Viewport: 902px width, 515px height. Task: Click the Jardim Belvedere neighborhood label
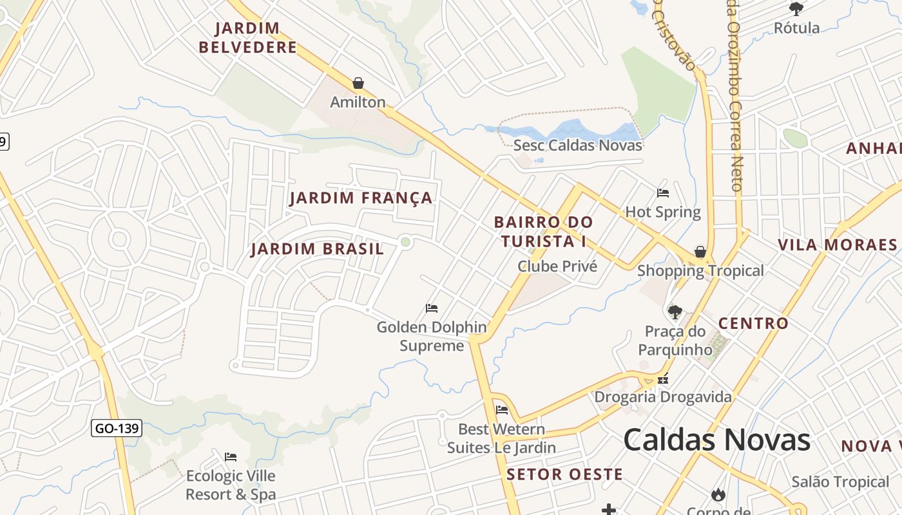248,37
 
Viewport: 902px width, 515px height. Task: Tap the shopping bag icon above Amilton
358,83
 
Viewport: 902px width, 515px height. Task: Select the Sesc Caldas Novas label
577,145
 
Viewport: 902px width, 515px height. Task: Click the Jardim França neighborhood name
361,198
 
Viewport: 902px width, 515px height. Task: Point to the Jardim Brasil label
317,249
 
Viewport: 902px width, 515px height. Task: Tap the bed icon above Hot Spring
663,192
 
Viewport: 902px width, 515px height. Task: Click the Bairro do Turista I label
543,232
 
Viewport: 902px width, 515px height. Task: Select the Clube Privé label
557,267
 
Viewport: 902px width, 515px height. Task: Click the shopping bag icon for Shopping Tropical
700,252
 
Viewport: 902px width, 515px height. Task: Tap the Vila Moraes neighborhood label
837,245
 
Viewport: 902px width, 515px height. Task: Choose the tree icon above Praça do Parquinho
675,312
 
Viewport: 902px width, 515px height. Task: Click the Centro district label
753,323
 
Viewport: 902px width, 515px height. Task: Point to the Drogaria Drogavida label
662,397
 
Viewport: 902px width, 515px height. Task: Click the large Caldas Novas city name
716,440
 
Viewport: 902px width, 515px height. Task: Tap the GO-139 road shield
117,428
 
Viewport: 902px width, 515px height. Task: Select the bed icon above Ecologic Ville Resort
231,457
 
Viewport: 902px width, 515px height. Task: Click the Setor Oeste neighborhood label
564,475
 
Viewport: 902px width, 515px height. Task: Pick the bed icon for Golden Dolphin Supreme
432,308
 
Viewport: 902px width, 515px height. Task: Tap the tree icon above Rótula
796,8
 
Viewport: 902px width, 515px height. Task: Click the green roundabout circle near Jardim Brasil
405,242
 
